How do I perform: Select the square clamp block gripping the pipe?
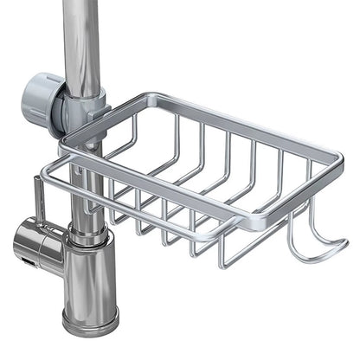tap(87, 109)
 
